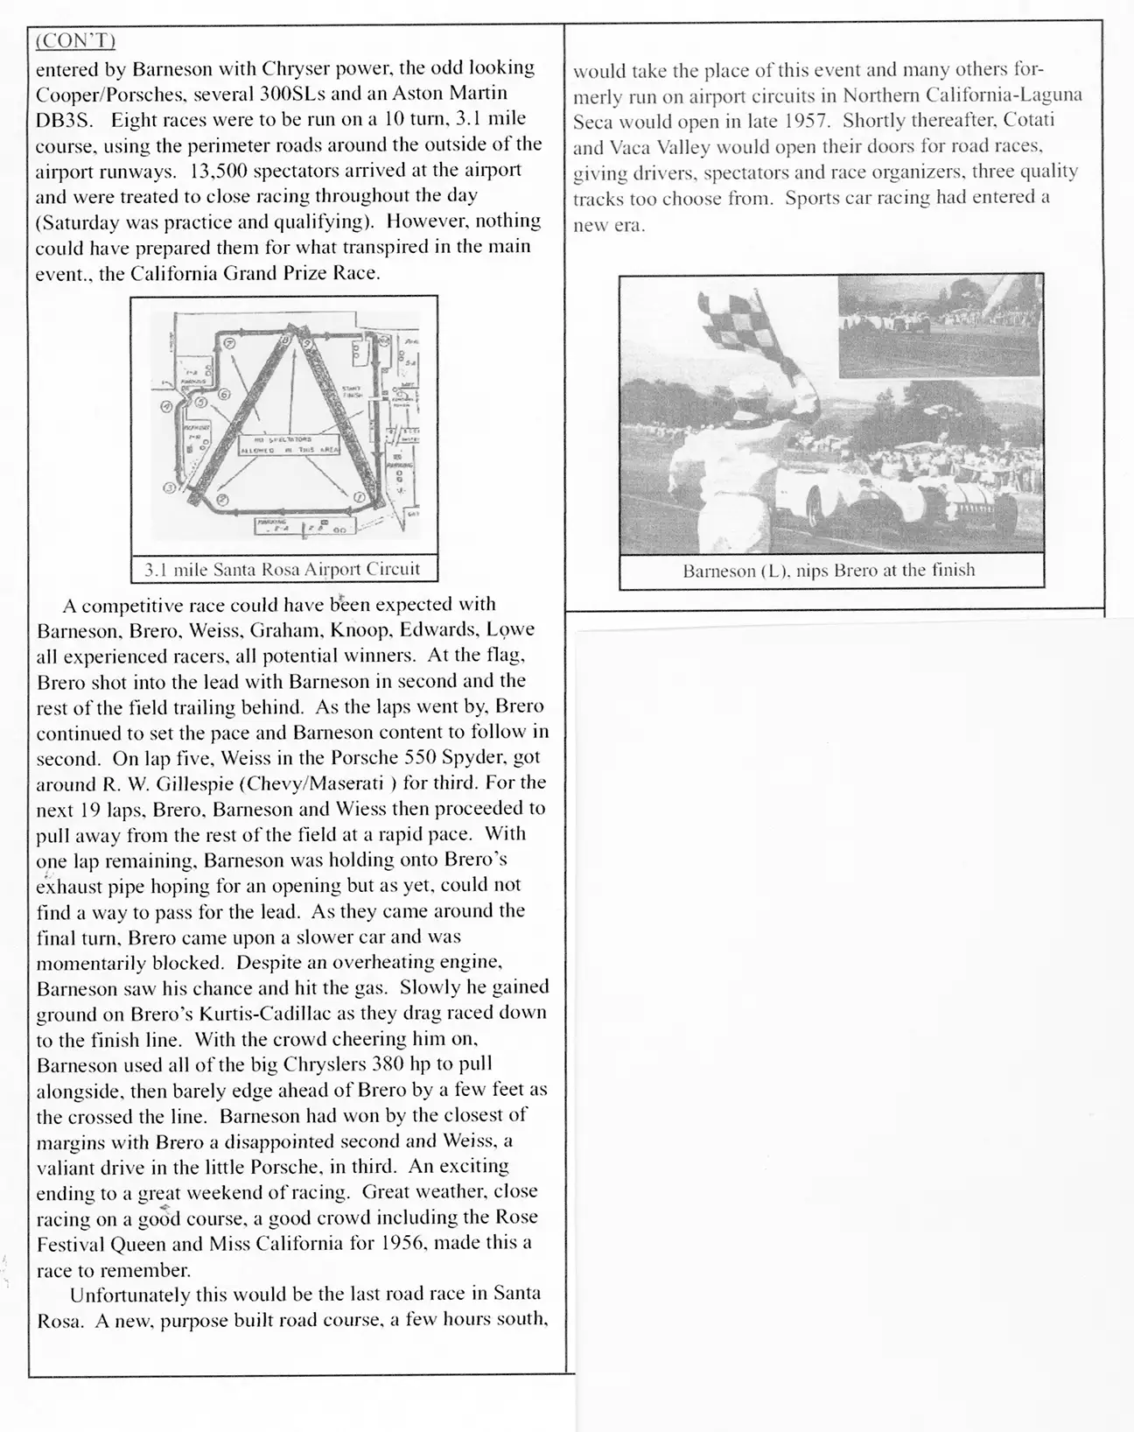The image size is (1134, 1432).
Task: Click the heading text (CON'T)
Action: (x=76, y=41)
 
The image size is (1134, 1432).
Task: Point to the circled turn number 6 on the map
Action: (x=224, y=395)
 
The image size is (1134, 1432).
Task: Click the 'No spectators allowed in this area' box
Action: (x=284, y=444)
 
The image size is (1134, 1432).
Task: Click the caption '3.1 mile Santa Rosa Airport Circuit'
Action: (x=282, y=570)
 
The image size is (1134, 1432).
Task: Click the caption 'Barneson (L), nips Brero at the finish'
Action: (x=829, y=571)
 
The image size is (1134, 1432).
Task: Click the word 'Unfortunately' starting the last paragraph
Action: (x=130, y=1295)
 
